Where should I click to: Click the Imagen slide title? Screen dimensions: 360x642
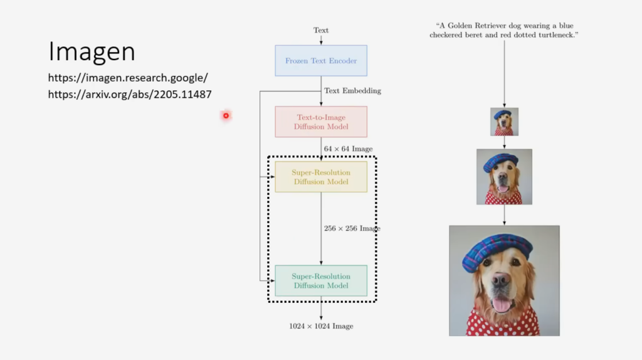(92, 52)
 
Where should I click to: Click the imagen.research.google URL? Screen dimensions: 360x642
(128, 78)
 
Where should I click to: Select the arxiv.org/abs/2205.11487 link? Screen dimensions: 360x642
(130, 95)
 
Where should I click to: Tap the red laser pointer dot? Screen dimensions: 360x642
(226, 115)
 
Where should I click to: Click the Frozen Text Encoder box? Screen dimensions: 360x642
(321, 61)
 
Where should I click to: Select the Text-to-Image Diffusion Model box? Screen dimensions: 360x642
(321, 122)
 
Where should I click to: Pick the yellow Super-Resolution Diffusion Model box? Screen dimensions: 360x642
(321, 177)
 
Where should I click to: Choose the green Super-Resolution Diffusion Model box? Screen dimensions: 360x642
(321, 280)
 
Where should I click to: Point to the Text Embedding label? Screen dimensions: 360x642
(352, 91)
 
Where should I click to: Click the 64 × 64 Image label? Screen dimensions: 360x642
(348, 149)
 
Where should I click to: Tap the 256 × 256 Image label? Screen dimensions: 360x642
(352, 228)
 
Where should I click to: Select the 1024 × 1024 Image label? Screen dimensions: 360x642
(321, 326)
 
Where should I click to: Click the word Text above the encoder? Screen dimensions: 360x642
(321, 30)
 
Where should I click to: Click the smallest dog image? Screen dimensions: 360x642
(504, 122)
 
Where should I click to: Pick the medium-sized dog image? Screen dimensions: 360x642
(504, 177)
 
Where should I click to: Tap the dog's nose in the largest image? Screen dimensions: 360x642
(501, 280)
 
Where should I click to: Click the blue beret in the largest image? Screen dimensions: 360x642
(495, 250)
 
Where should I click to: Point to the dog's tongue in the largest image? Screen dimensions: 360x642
(502, 304)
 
